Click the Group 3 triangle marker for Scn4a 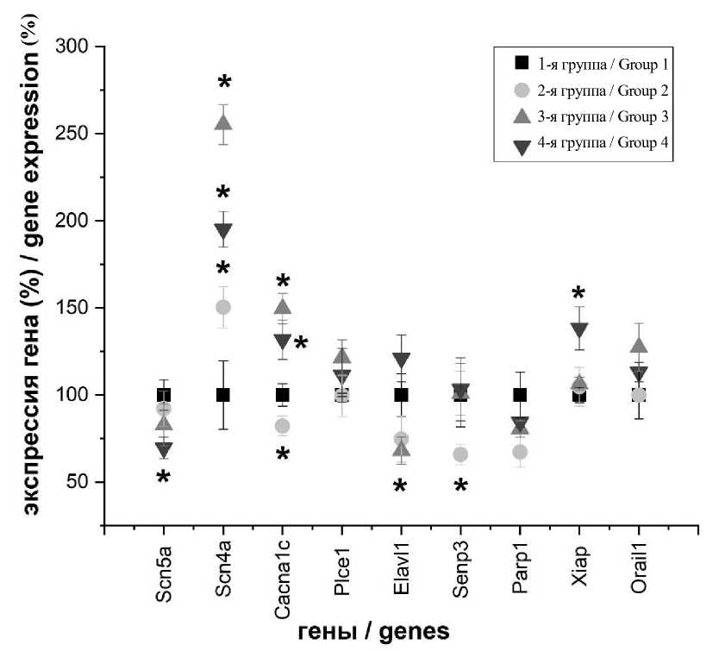[223, 122]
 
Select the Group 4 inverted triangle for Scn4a [223, 231]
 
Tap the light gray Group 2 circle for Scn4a [223, 307]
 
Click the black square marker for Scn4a [223, 395]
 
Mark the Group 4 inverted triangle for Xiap [579, 329]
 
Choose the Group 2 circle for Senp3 [460, 454]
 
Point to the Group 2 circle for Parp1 [520, 452]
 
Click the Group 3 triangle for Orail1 [639, 346]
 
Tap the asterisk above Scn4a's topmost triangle [224, 84]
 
